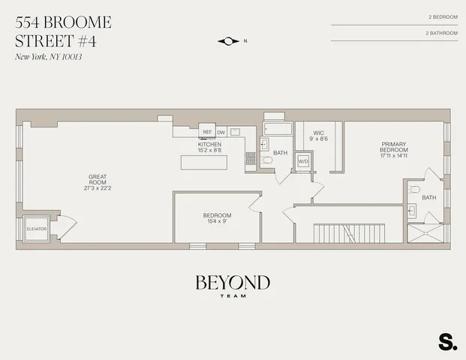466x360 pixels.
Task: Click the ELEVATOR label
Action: click(36, 228)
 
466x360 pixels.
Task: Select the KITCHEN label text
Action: click(209, 144)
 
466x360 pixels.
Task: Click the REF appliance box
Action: click(208, 133)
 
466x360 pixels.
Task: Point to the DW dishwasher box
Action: click(221, 133)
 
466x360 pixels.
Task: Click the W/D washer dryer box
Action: click(304, 161)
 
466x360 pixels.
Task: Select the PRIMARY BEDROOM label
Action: click(393, 147)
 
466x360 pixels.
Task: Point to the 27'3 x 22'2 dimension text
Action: click(97, 188)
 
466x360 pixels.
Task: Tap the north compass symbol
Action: click(229, 41)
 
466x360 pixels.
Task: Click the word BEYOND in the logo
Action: click(233, 283)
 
